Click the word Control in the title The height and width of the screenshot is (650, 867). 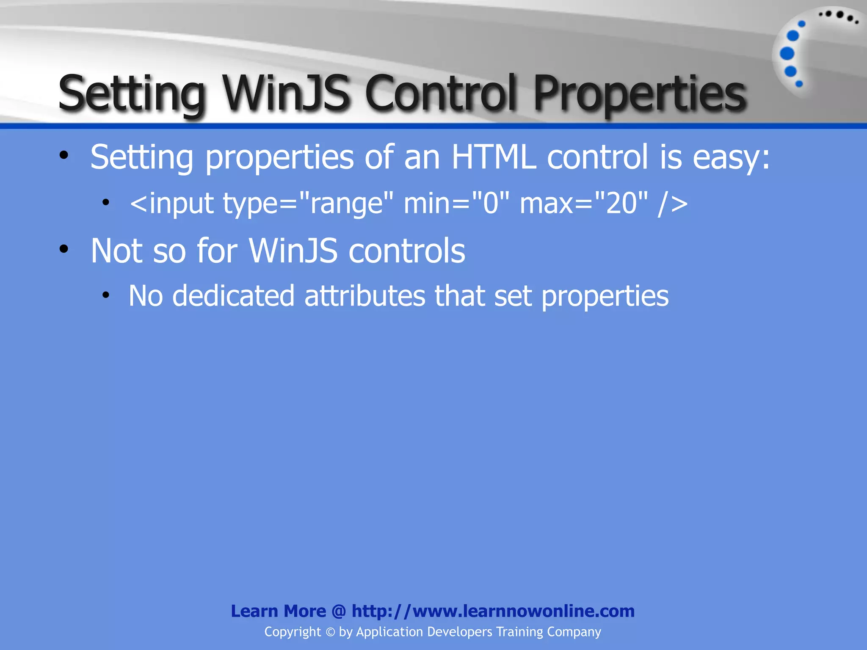(x=441, y=93)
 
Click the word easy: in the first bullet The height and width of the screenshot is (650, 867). (x=731, y=157)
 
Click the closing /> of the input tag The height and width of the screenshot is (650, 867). (x=673, y=204)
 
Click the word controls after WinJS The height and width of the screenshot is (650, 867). (x=406, y=251)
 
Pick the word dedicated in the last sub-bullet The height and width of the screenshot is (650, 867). (x=233, y=296)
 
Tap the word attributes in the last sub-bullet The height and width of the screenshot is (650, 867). (x=364, y=296)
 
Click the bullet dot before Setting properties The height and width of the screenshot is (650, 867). (x=64, y=155)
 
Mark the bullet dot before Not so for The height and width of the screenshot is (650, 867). (x=64, y=249)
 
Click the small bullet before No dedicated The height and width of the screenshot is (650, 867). (x=106, y=295)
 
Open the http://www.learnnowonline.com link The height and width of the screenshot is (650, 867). (x=493, y=611)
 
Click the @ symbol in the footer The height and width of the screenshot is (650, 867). (x=339, y=611)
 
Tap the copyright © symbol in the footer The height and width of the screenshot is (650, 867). (x=330, y=632)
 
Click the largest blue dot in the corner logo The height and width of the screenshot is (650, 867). (x=787, y=54)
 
